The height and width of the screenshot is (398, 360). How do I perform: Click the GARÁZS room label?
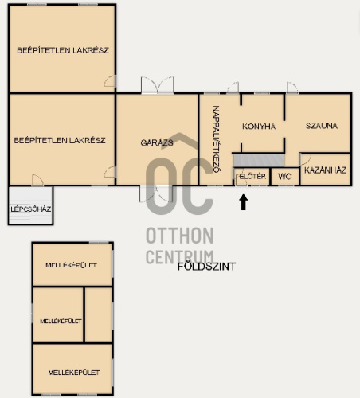tap(157, 142)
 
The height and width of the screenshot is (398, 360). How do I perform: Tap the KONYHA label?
tap(259, 127)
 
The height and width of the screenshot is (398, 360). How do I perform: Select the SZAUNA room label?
tap(322, 126)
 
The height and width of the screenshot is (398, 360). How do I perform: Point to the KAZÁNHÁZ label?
tap(325, 170)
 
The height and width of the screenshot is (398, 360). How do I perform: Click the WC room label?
tap(284, 177)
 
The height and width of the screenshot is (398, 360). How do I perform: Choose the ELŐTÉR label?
tap(252, 176)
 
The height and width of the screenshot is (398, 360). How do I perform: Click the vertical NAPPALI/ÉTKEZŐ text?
tap(217, 139)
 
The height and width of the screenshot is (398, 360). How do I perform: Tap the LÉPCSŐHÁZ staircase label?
tap(31, 209)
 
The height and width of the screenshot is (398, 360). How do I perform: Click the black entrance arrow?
tap(244, 202)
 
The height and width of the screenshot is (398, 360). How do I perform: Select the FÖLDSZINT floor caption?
tap(206, 267)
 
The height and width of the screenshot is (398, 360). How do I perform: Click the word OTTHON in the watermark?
tap(180, 236)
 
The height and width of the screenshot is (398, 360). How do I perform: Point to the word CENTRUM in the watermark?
tap(180, 256)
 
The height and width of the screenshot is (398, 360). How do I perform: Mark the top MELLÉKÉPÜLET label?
tap(71, 265)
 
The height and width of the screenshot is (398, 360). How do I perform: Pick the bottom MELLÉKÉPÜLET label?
tap(74, 373)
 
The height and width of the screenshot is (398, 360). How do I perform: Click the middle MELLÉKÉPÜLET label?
tap(61, 321)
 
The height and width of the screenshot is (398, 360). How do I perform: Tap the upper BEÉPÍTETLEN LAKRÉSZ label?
tap(63, 50)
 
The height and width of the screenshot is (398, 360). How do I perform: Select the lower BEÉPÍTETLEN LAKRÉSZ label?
tap(60, 140)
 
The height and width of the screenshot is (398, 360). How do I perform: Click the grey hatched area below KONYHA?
tap(259, 161)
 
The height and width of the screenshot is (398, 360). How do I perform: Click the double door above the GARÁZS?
tap(158, 85)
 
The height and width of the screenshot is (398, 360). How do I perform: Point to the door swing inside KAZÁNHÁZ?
tap(306, 160)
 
